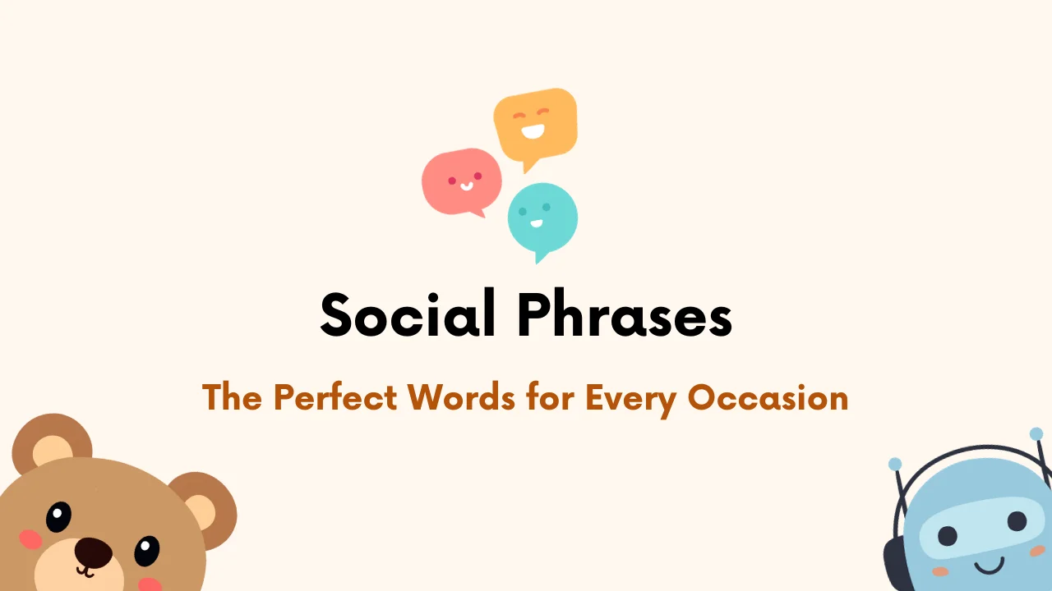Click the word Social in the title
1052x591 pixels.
coord(408,315)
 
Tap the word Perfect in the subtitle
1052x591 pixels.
coord(339,398)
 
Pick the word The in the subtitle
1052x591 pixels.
coord(233,398)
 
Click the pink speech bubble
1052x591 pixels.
coord(461,181)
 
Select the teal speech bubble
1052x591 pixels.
coord(542,218)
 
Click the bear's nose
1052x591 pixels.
coord(92,551)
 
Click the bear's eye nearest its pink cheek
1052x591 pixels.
coord(58,516)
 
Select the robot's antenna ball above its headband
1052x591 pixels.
coord(895,465)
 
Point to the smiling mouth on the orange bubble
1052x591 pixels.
coord(533,130)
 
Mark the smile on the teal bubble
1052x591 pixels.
coord(537,222)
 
